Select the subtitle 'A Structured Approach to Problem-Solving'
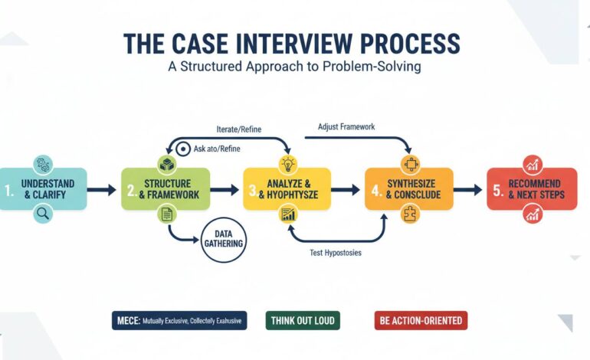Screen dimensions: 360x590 point(295,67)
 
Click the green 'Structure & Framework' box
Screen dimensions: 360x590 point(166,189)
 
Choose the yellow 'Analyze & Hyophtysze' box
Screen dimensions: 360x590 point(288,189)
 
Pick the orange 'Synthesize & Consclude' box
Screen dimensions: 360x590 point(408,189)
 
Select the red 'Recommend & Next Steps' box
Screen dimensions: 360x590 point(532,189)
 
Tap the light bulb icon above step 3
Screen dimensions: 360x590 point(288,164)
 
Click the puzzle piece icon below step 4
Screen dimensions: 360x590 point(408,216)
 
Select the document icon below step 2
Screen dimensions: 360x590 point(166,216)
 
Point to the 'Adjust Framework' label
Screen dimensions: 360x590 point(346,126)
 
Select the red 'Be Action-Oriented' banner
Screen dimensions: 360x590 point(421,320)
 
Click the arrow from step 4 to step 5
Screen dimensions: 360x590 point(468,189)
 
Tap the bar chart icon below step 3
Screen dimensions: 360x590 point(288,216)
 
